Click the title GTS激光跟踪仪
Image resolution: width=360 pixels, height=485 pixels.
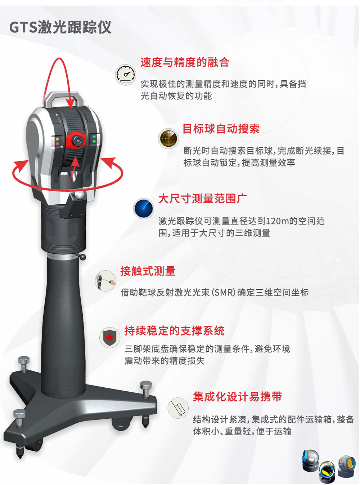60,27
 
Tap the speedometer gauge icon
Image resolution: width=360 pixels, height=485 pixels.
126,75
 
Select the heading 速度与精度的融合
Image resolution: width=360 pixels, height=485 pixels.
185,62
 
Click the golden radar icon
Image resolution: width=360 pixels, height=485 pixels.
168,139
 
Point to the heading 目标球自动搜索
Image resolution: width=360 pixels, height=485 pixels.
221,129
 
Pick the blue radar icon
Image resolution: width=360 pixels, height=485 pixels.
144,208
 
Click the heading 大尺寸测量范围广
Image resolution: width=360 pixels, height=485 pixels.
202,199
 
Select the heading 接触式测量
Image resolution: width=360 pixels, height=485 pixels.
148,271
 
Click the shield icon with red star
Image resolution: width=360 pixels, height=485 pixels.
110,338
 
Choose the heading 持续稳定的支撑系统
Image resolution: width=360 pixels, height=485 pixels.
174,331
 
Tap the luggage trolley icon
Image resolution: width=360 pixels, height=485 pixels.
178,408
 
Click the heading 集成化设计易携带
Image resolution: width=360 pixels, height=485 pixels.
238,397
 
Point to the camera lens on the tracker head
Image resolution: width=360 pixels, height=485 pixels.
77,141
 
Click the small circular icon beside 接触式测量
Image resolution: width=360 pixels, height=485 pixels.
105,281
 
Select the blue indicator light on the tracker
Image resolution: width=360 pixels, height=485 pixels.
94,137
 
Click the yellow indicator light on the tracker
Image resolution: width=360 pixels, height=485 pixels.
58,139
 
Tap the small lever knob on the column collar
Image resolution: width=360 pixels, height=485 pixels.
83,257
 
